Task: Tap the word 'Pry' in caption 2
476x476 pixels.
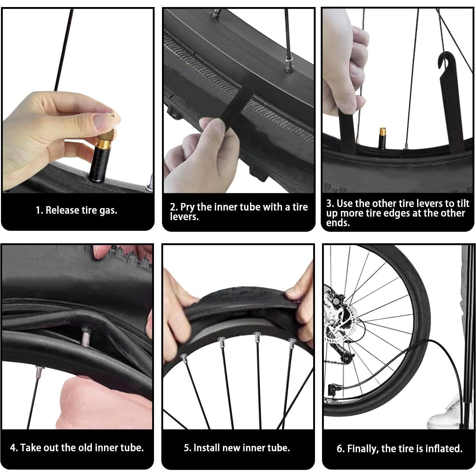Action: [187, 207]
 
